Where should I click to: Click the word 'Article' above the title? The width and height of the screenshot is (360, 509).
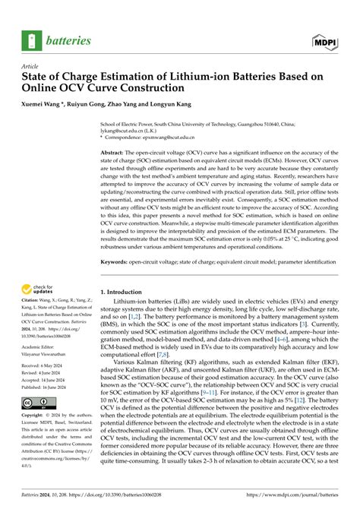(32, 67)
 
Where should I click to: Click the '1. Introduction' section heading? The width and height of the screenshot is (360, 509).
(125, 291)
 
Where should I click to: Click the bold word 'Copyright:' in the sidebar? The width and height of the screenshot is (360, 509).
(38, 438)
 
